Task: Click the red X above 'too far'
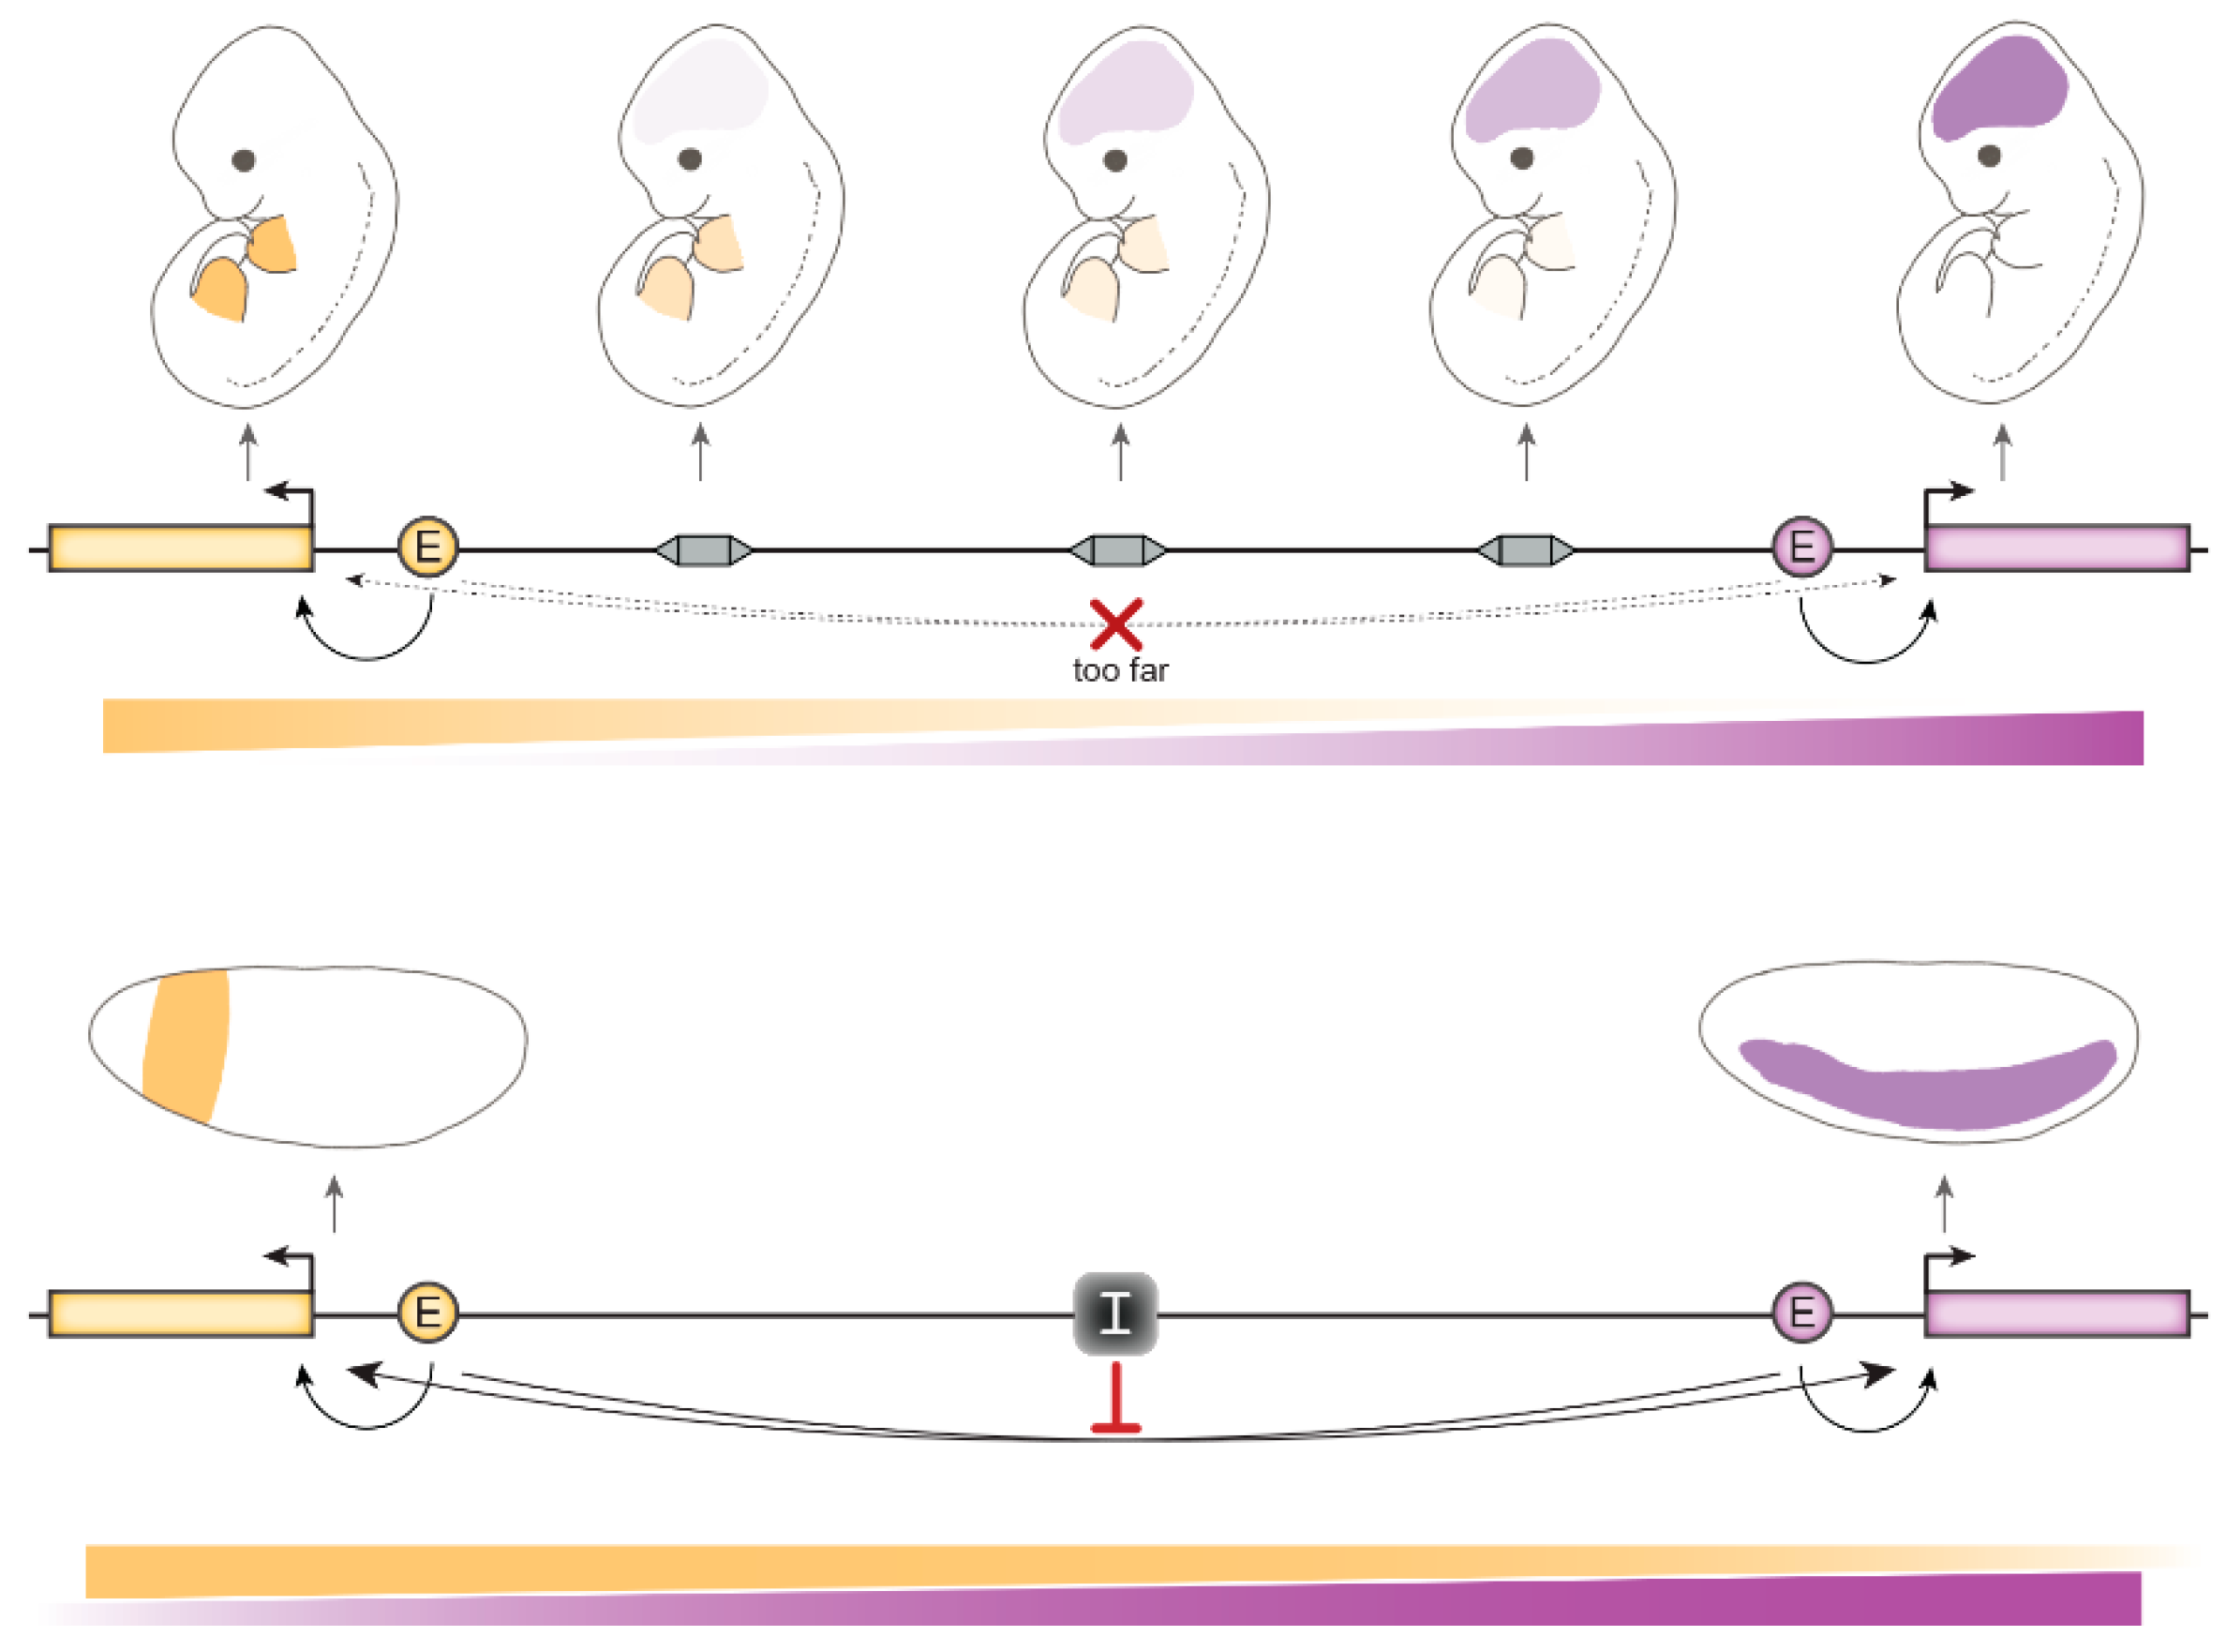(1115, 624)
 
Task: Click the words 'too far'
(1120, 670)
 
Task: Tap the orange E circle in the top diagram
(427, 547)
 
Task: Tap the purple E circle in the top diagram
(1801, 547)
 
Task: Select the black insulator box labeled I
(1115, 1313)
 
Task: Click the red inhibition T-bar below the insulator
(1115, 1400)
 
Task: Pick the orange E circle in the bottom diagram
(427, 1313)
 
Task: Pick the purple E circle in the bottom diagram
(1801, 1313)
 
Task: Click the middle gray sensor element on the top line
(1117, 549)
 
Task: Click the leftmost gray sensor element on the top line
(703, 549)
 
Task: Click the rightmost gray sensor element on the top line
(1525, 549)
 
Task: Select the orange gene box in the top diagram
(180, 548)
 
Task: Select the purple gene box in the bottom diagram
(2056, 1313)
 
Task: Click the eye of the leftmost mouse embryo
(243, 160)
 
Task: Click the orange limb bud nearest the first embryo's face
(274, 245)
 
